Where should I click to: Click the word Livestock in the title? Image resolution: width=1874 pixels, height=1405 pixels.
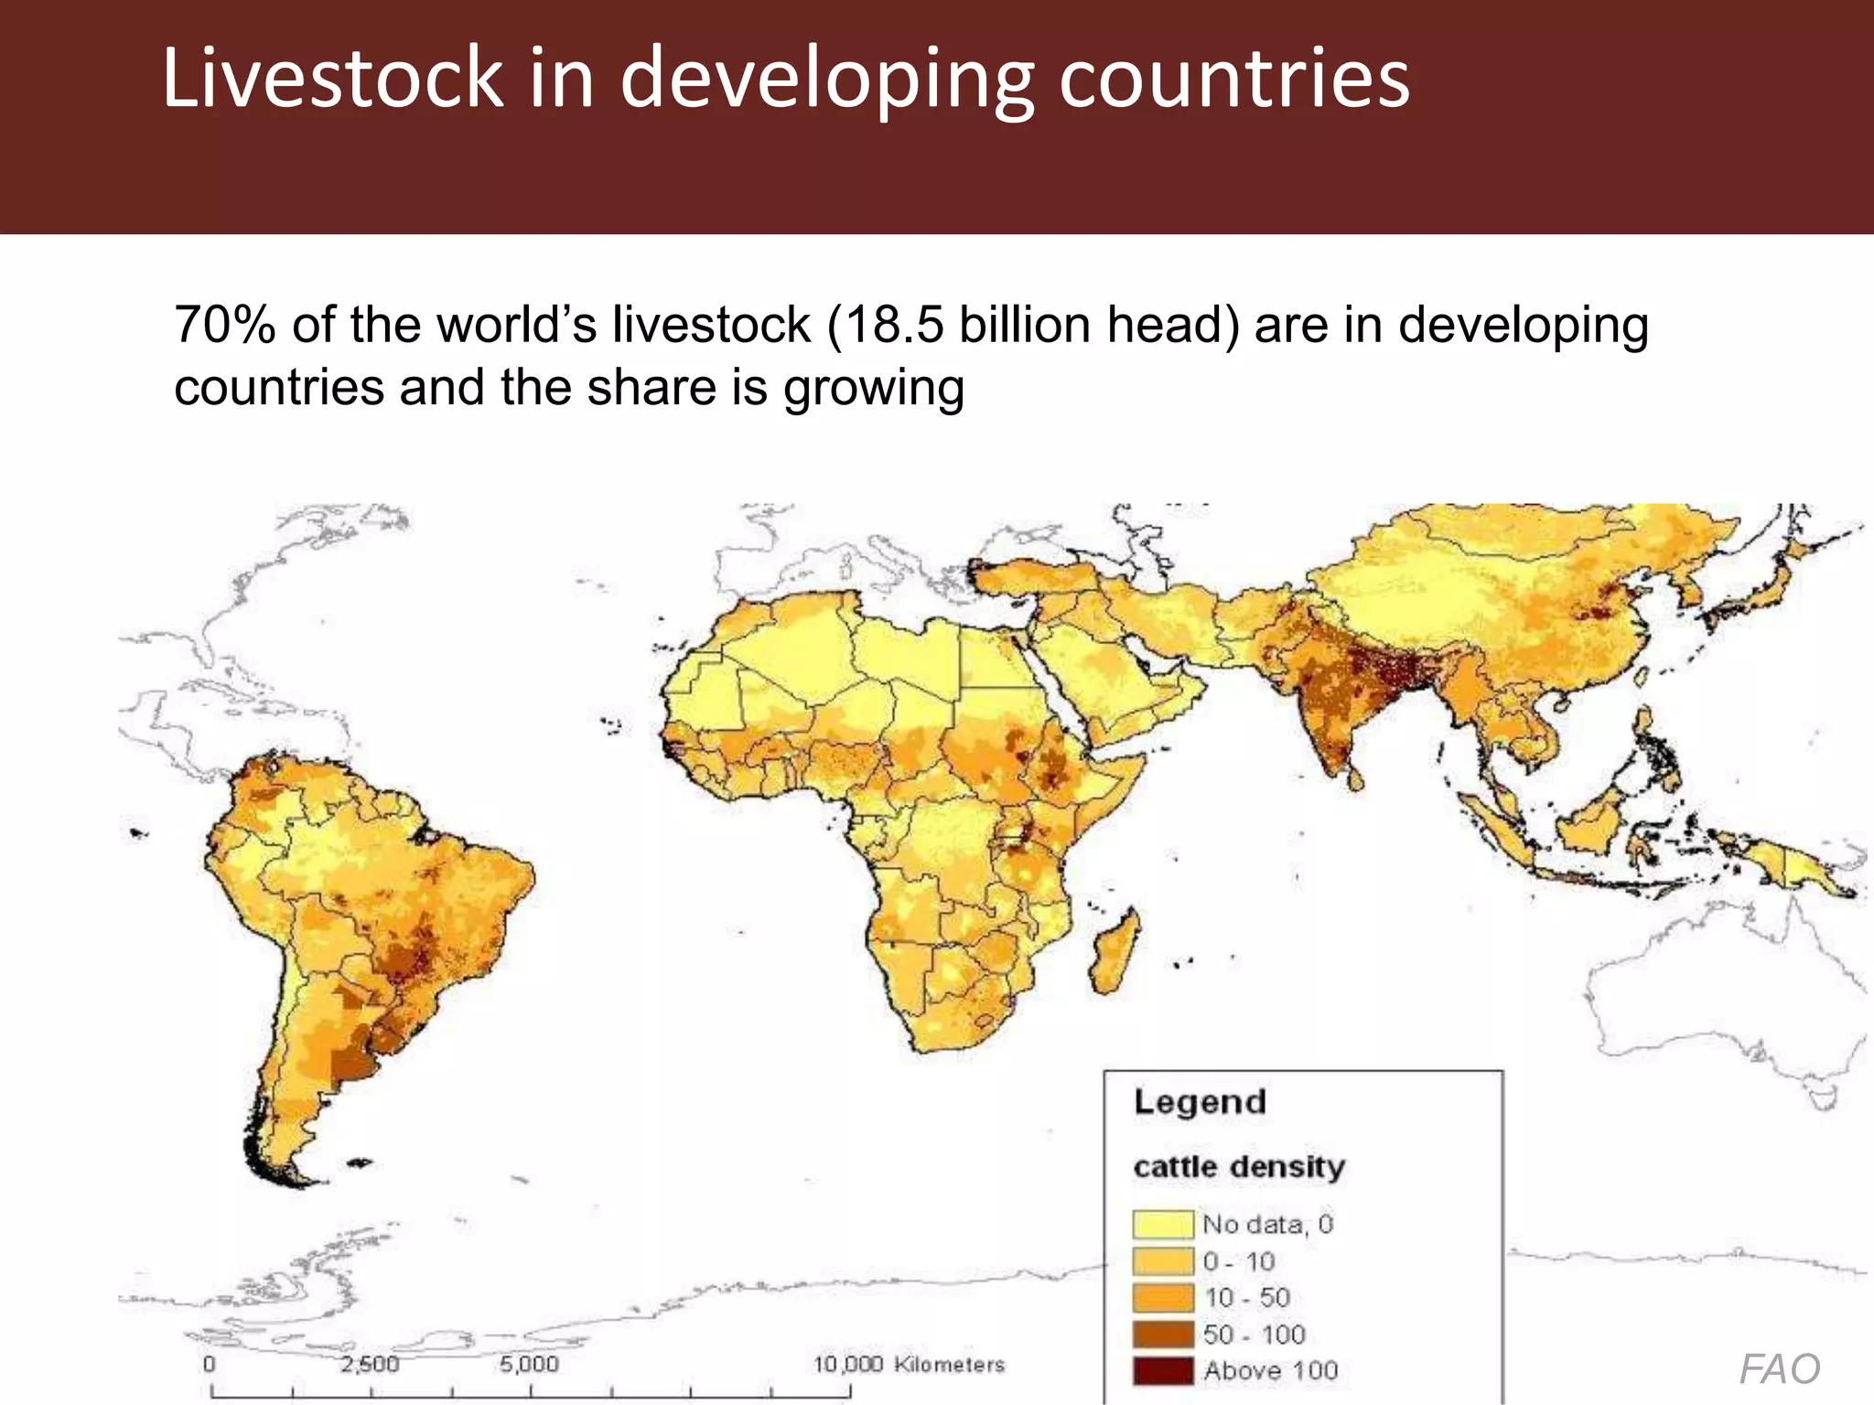pos(332,78)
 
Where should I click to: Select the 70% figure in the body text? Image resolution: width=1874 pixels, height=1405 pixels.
pos(224,325)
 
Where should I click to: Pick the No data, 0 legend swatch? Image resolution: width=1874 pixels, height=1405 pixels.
pos(1163,1224)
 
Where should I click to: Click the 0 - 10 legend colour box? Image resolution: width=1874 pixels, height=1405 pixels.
pos(1163,1261)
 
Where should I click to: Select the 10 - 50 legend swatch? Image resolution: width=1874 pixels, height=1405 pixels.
pos(1163,1298)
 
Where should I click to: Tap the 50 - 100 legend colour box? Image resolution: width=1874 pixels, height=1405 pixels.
pos(1163,1335)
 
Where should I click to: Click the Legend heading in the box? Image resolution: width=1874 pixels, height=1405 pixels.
pos(1200,1102)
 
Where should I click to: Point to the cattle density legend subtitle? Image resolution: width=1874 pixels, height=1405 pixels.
pos(1239,1167)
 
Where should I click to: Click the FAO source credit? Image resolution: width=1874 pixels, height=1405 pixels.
pos(1779,1369)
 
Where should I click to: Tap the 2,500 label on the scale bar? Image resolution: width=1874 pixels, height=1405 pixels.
pos(370,1364)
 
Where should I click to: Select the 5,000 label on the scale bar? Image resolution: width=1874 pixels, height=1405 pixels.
pos(529,1364)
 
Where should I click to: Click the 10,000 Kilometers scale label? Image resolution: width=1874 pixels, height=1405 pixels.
pos(909,1364)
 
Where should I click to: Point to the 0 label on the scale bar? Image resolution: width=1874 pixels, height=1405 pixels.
pos(210,1364)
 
